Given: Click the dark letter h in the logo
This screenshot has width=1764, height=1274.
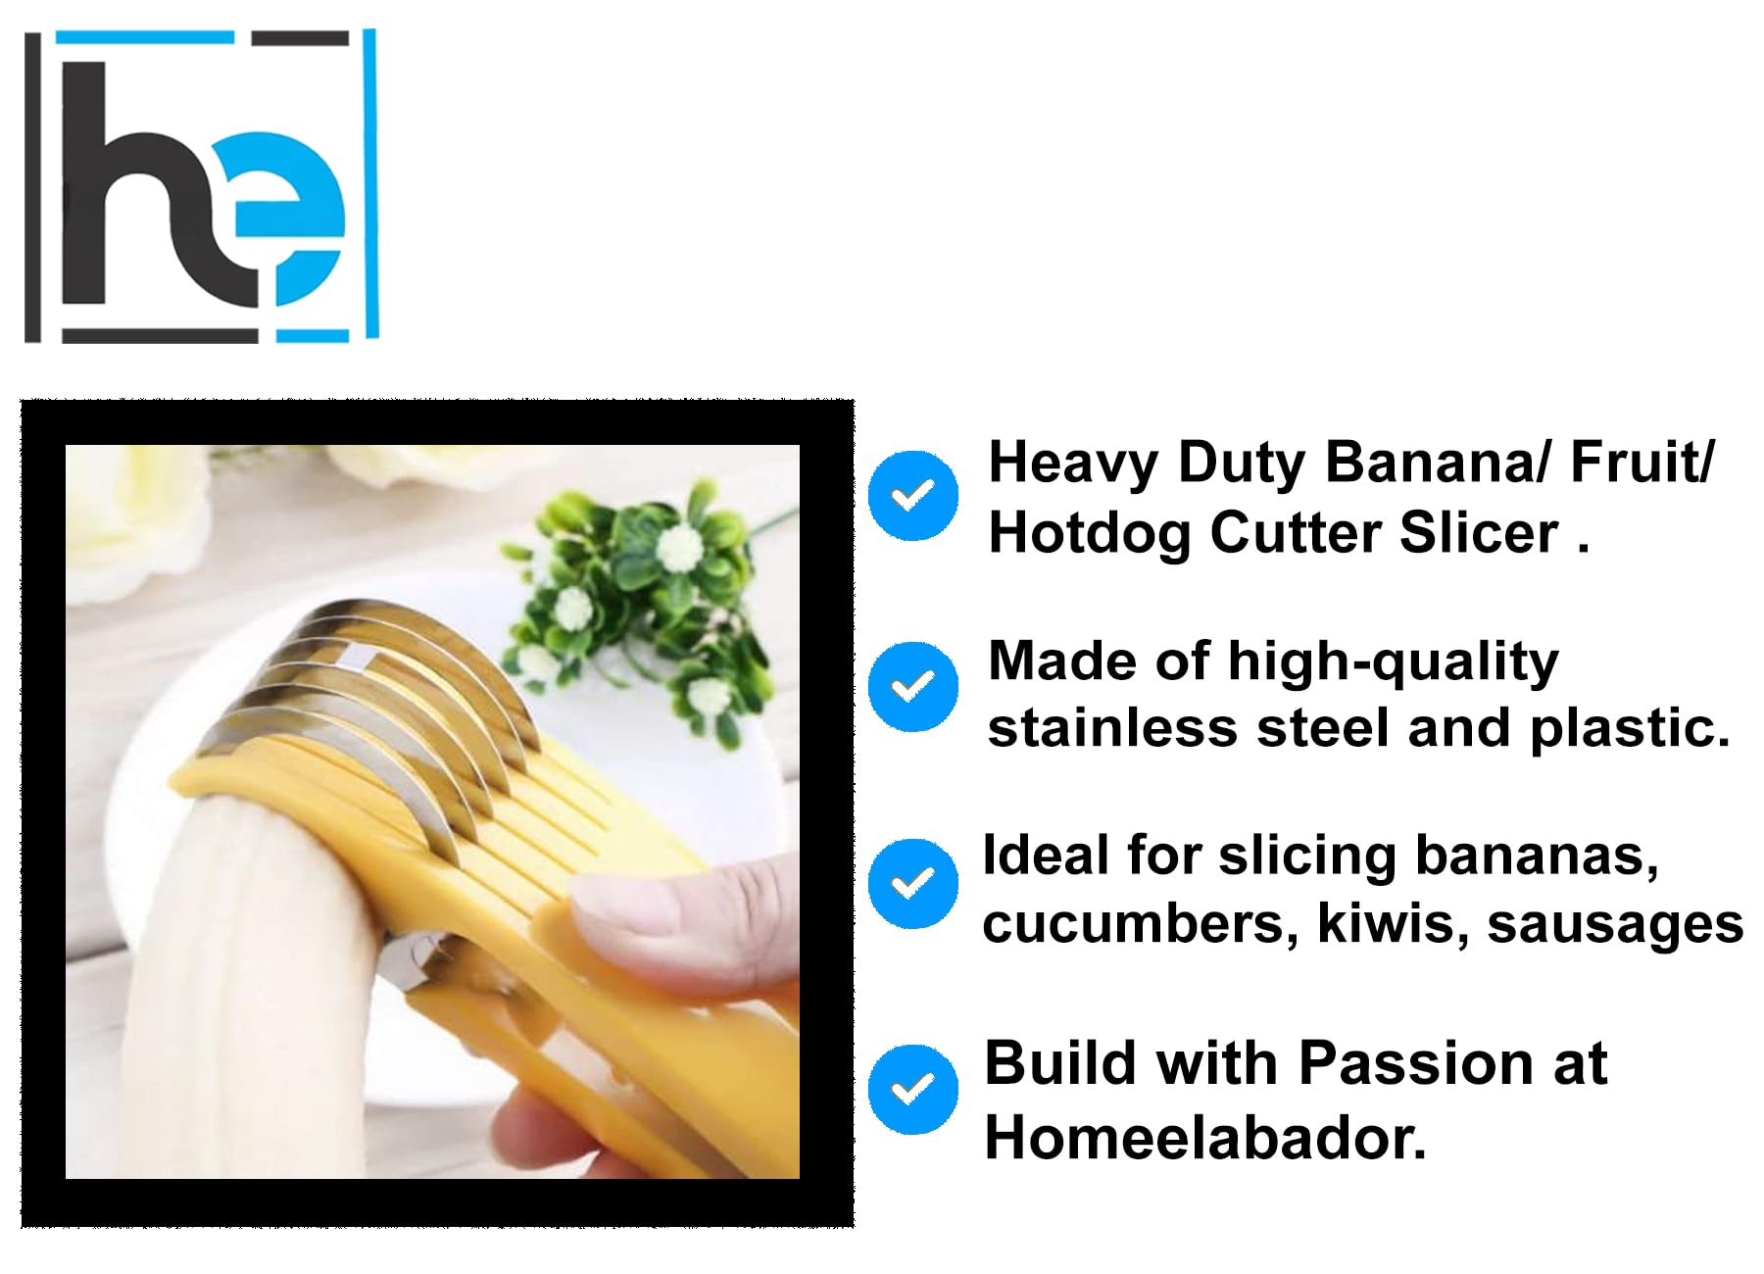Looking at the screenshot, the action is (x=157, y=186).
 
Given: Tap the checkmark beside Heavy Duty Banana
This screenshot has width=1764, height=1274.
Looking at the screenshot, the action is (x=913, y=495).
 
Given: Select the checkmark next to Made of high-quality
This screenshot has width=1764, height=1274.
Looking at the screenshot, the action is (x=913, y=686).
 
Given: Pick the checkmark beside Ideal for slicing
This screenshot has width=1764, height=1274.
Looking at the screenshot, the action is (x=913, y=883).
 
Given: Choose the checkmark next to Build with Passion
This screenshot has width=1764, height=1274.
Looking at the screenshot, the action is (x=913, y=1089).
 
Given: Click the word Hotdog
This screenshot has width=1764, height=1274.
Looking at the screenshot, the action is (x=1089, y=534).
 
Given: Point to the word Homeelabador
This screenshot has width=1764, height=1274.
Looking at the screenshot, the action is (x=1204, y=1138).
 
